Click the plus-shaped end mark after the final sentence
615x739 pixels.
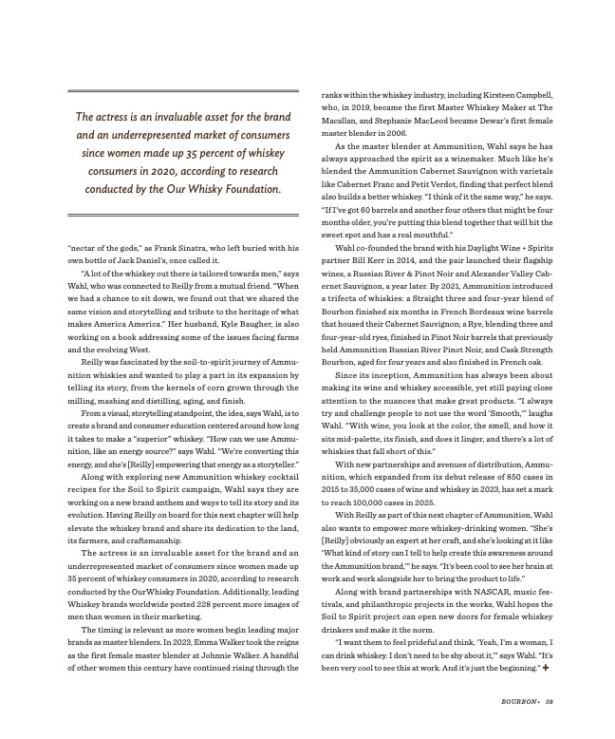click(547, 669)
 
